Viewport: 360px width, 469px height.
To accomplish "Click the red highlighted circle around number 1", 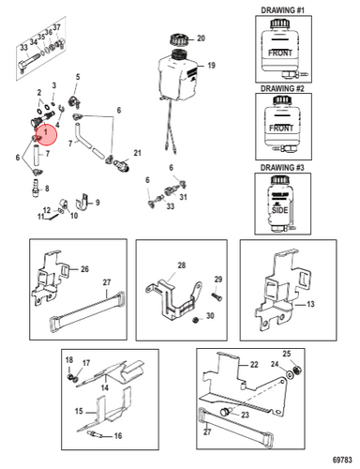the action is coord(46,134).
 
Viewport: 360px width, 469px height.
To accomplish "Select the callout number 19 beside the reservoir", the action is coord(212,66).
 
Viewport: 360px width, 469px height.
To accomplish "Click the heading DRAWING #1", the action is coord(282,10).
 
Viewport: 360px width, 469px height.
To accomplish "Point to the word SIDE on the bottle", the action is coord(279,210).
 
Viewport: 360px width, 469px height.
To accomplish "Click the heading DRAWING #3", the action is coord(282,167).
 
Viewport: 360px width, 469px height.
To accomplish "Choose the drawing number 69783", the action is coord(342,460).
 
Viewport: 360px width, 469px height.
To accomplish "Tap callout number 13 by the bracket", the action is coord(310,304).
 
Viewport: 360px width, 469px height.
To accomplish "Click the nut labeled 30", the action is coord(196,320).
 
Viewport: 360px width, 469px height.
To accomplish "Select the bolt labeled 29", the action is coord(217,295).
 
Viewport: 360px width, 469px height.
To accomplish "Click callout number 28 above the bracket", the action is coord(182,265).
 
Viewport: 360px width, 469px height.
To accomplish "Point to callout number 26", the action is coord(84,269).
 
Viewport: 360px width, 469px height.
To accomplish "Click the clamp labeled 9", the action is coord(82,203).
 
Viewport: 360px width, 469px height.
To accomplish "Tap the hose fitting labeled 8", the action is coord(36,188).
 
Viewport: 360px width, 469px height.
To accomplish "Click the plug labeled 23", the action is coord(226,412).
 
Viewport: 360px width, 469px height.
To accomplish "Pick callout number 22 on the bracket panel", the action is coord(254,364).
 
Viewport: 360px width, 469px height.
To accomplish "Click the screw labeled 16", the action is coord(95,434).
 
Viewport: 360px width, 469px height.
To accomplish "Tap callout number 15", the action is coord(79,411).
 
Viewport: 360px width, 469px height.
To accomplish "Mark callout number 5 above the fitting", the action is coord(78,77).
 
